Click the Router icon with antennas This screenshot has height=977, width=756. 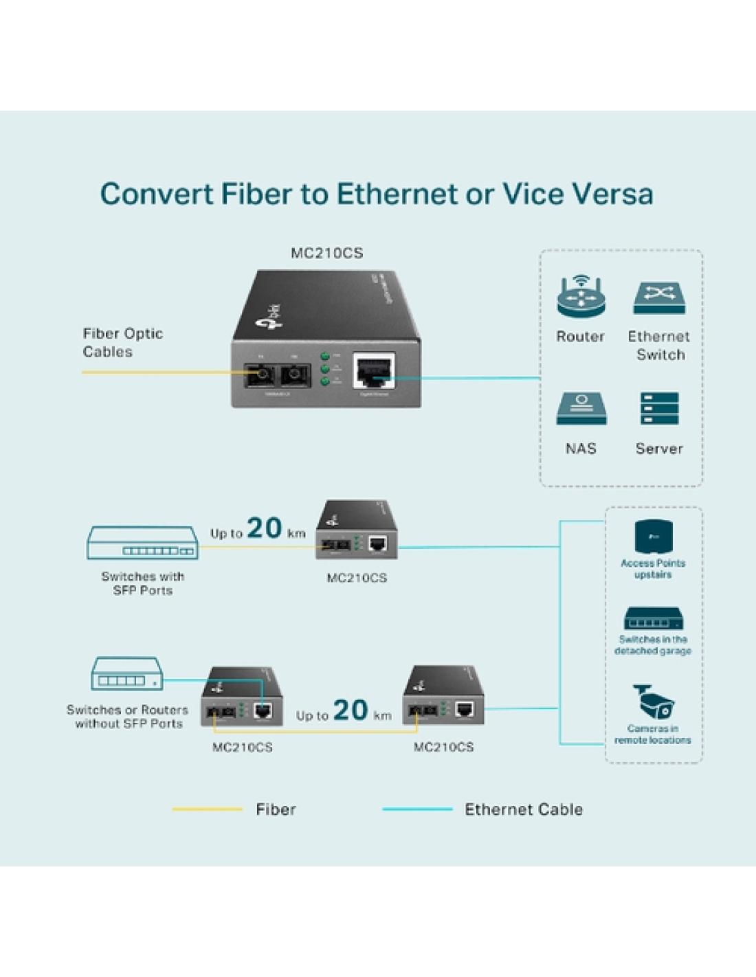pos(581,297)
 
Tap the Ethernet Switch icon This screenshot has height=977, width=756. pos(659,298)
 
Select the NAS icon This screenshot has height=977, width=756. pos(581,409)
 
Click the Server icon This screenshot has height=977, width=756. pos(659,409)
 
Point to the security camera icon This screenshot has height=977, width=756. pos(654,701)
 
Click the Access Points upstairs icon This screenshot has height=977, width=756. pos(653,536)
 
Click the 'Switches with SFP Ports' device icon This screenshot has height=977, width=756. pos(142,543)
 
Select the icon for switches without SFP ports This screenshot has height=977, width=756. pos(127,674)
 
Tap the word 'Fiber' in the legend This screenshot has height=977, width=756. pos(276,809)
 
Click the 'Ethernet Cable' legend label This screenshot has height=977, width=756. pos(524,809)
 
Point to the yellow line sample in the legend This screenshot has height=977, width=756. pos(207,809)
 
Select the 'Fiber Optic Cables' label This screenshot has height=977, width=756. pos(122,342)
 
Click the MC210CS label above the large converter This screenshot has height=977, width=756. pos(326,253)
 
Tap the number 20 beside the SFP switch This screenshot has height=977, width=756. pos(265,528)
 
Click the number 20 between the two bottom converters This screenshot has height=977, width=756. pos(351,710)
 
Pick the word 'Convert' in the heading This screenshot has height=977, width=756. pos(157,194)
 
